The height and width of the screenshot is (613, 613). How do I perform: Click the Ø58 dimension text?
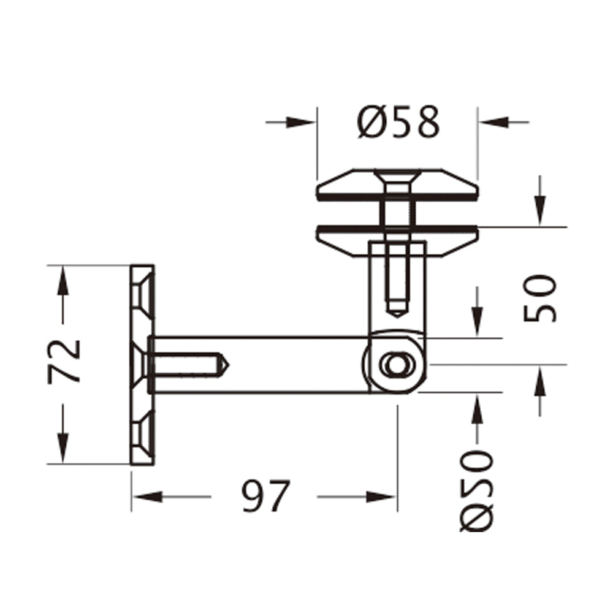click(x=399, y=122)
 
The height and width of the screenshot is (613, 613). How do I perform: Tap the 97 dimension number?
click(x=264, y=496)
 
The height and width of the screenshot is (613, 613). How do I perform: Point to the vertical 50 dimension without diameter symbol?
click(x=541, y=299)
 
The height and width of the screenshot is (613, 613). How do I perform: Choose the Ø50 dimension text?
click(x=477, y=490)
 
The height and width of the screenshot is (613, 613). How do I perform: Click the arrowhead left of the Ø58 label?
click(x=303, y=122)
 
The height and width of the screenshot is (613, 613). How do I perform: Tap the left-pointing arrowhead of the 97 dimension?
click(x=147, y=496)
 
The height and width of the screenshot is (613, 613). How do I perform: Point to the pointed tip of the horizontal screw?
click(x=225, y=365)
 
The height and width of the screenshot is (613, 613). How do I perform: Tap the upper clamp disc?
click(x=397, y=186)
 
